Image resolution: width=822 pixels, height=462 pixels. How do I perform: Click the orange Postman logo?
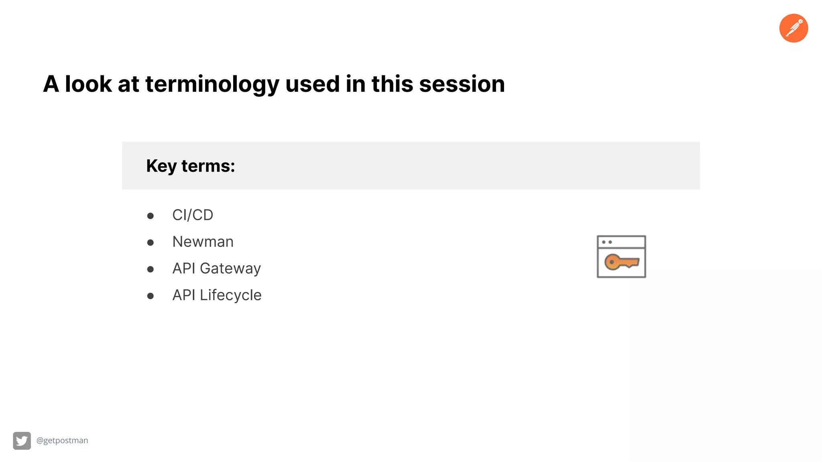[x=794, y=28]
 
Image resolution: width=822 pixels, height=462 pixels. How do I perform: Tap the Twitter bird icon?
[x=22, y=441]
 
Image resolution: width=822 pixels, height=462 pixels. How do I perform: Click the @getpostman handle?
[x=62, y=440]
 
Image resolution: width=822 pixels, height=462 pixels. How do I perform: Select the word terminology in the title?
[x=212, y=84]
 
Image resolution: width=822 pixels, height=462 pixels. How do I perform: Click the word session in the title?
[x=462, y=84]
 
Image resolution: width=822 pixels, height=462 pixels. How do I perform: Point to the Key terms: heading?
[x=190, y=166]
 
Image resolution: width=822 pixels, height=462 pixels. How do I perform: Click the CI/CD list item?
[x=193, y=215]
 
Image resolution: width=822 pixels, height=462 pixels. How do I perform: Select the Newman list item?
[x=203, y=242]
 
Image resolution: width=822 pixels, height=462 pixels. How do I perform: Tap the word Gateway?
[x=230, y=269]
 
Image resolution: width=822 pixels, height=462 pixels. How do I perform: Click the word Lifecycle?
[x=231, y=295]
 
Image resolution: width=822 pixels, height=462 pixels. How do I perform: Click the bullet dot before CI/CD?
[x=151, y=216]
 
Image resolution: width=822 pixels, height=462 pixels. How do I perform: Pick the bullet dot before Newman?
[x=151, y=243]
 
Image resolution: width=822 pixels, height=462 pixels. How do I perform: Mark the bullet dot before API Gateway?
[x=151, y=269]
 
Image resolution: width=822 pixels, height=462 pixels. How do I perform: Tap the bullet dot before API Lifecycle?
[x=151, y=296]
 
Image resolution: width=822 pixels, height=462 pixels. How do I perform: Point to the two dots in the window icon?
[x=607, y=242]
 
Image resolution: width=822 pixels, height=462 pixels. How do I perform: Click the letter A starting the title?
[x=51, y=84]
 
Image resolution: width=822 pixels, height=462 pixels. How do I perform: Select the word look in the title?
[x=88, y=84]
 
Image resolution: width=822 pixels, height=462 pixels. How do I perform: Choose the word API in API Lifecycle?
[x=184, y=295]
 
